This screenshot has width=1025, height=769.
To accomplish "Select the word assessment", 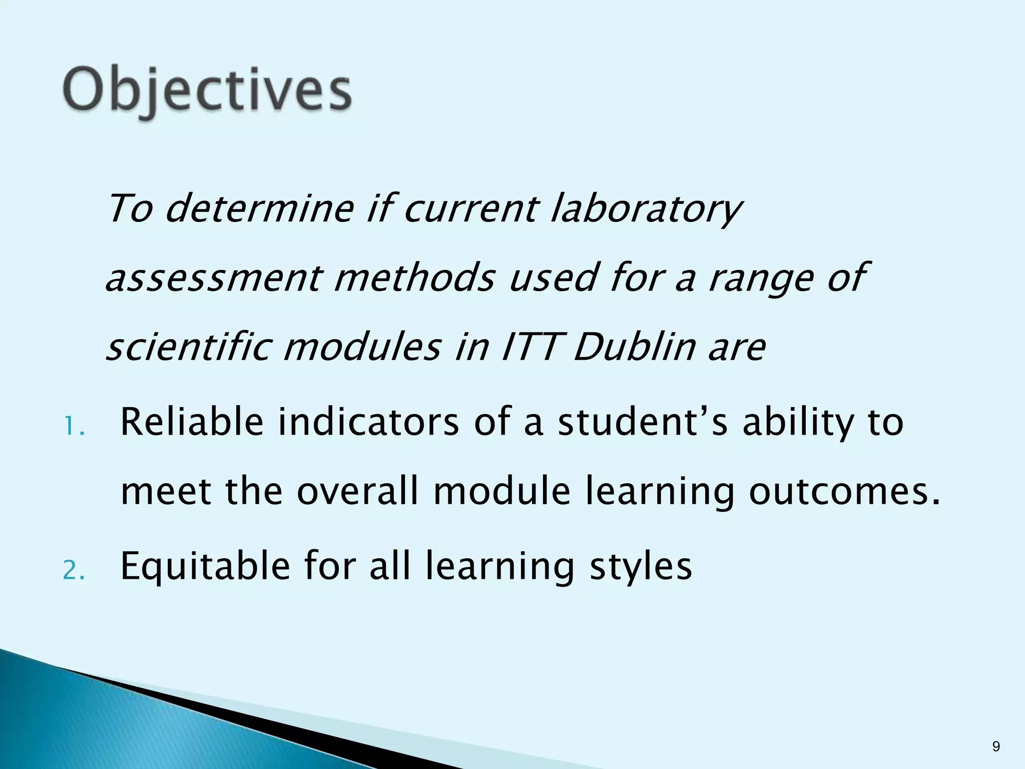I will pyautogui.click(x=212, y=278).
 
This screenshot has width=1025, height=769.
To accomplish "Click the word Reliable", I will pyautogui.click(x=192, y=422).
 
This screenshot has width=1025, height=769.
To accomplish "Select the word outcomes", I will pyautogui.click(x=844, y=492).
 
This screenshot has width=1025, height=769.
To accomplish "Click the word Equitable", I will pyautogui.click(x=205, y=566).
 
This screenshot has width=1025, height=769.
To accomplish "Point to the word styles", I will pyautogui.click(x=641, y=566).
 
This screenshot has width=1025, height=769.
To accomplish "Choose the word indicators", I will pyautogui.click(x=368, y=422).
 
